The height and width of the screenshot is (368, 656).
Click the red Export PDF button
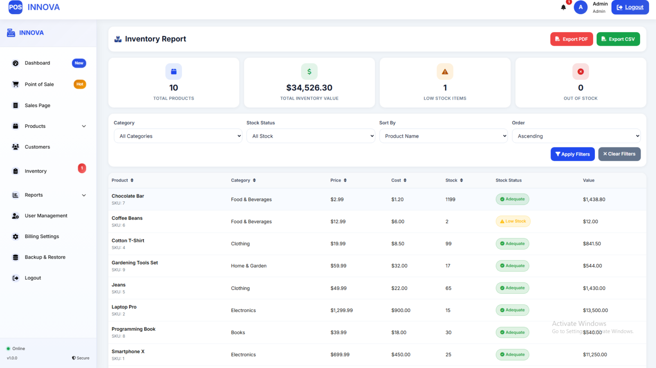(x=571, y=39)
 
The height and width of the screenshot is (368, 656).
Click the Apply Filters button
(x=573, y=154)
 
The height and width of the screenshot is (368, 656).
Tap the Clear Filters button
(x=619, y=154)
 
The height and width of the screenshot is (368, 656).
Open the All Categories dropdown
(x=178, y=136)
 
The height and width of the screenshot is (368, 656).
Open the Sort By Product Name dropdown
(x=443, y=136)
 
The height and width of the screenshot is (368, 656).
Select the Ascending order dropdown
(x=576, y=136)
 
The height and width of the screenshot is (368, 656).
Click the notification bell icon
(x=563, y=7)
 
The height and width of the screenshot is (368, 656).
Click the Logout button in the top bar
(x=630, y=7)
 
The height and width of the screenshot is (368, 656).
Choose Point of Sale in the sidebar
(x=39, y=84)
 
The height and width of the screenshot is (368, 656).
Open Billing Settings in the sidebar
(x=42, y=236)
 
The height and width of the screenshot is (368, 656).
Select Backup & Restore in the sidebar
(x=45, y=257)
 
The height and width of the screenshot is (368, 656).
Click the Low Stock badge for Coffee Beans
(x=513, y=221)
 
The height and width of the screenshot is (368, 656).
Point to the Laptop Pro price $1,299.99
(x=342, y=310)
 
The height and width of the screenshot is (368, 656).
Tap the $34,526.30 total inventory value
(x=309, y=88)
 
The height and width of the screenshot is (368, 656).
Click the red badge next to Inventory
(x=82, y=168)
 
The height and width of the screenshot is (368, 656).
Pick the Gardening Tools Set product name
(x=135, y=262)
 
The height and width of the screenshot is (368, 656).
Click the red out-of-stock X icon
(x=580, y=71)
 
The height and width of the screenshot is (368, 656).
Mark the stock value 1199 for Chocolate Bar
(x=451, y=199)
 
